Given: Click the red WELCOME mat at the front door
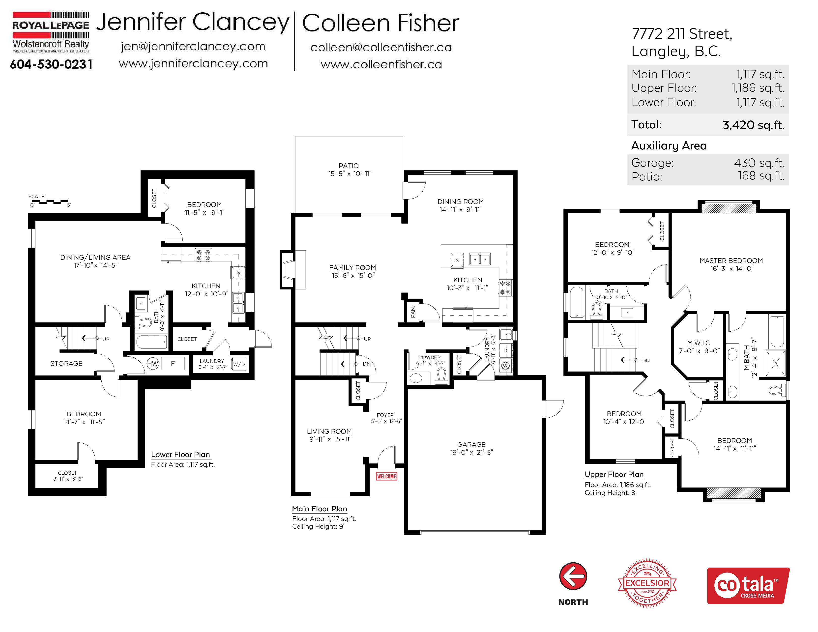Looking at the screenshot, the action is pyautogui.click(x=386, y=476).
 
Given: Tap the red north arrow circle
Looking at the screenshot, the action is pyautogui.click(x=573, y=576).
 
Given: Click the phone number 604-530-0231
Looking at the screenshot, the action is pyautogui.click(x=51, y=64).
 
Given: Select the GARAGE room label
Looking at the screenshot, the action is pyautogui.click(x=471, y=444).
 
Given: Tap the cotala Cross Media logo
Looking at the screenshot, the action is pyautogui.click(x=748, y=586).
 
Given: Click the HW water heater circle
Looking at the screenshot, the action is pyautogui.click(x=153, y=364).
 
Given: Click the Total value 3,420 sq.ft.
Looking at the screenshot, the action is pyautogui.click(x=753, y=125).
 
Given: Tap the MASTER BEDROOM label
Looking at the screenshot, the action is pyautogui.click(x=731, y=260).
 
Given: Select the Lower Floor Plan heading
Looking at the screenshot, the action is pyautogui.click(x=180, y=455).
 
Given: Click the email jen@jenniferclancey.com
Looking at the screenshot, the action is pyautogui.click(x=193, y=46).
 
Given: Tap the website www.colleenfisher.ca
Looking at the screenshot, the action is pyautogui.click(x=381, y=64).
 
